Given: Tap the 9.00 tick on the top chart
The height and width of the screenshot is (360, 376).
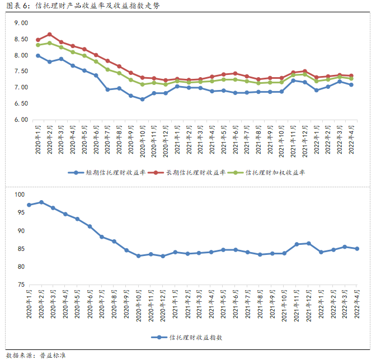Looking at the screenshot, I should tap(21, 23).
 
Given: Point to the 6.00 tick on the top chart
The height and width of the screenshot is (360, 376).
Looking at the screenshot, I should tap(21, 120).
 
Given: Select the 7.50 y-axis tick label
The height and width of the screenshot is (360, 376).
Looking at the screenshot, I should tap(21, 71).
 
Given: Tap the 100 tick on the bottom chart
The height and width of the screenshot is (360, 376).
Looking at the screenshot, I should tap(21, 195).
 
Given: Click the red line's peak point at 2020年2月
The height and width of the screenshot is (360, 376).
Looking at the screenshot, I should tap(50, 35).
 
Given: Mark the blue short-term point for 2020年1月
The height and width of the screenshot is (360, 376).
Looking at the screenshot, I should tap(38, 55).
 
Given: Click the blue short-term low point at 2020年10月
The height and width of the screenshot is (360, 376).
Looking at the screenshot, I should tap(142, 99).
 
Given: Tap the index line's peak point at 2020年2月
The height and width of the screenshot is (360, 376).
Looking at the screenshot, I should tap(41, 202).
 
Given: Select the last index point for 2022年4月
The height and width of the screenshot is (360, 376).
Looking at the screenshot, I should tap(357, 249).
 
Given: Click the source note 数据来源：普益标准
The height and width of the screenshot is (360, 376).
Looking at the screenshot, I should tap(36, 354).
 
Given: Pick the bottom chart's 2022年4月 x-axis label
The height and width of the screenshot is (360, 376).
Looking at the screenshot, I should tap(357, 305).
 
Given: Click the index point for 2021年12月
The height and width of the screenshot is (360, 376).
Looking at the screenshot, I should tap(309, 243).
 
